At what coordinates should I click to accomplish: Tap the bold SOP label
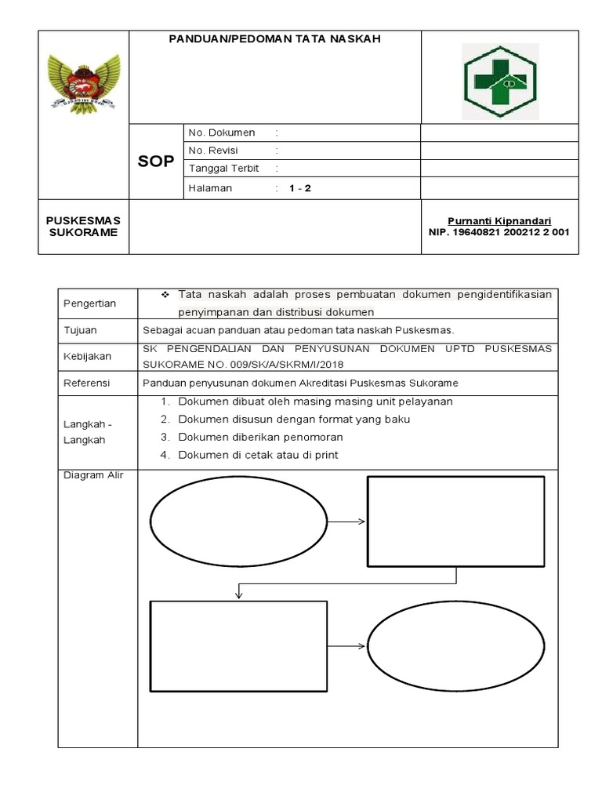[x=156, y=161]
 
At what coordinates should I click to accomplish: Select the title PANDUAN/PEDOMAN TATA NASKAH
[x=275, y=38]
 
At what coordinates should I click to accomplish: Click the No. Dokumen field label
[x=222, y=133]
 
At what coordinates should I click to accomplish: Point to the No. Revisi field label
[x=213, y=151]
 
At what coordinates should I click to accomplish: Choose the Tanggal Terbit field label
[x=223, y=169]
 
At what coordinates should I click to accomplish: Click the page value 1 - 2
[x=299, y=188]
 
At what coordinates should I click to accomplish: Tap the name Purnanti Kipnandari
[x=499, y=221]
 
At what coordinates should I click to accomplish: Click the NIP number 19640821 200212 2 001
[x=499, y=232]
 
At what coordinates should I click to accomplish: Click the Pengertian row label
[x=89, y=303]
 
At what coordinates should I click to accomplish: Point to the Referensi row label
[x=87, y=383]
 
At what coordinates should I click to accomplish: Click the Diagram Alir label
[x=89, y=474]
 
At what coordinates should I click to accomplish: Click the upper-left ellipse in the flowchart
[x=238, y=521]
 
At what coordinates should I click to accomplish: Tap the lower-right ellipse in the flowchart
[x=455, y=646]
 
